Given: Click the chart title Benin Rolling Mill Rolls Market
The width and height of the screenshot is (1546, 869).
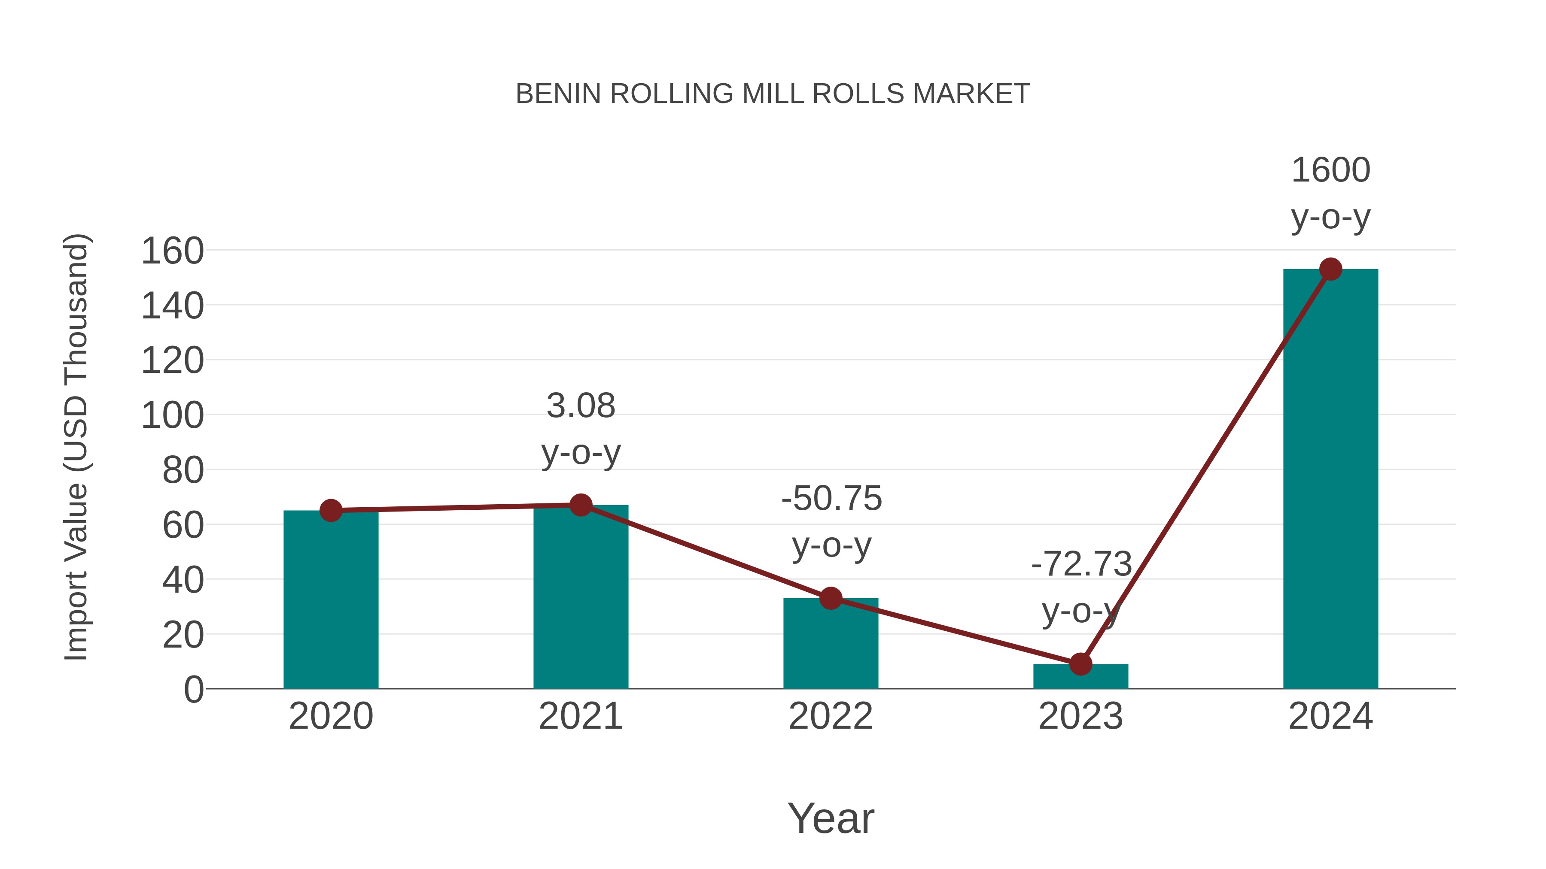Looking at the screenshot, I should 773,94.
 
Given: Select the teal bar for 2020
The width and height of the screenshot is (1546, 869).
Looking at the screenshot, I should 331,600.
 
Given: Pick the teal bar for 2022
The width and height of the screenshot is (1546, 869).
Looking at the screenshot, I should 830,645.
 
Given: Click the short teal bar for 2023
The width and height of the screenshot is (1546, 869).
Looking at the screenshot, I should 1080,676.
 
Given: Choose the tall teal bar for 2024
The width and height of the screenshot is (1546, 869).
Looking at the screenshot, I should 1330,480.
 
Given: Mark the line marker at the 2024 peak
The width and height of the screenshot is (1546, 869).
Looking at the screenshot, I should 1330,269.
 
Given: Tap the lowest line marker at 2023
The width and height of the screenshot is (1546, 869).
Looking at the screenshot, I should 1080,664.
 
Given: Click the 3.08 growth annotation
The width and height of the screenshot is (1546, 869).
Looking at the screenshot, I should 580,406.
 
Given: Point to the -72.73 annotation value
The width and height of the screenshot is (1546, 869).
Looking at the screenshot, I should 1081,564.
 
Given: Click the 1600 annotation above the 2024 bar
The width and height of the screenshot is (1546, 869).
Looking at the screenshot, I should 1330,170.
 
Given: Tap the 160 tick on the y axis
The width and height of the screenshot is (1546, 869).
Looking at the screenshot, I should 172,251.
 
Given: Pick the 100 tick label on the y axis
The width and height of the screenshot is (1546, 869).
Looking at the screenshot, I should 172,415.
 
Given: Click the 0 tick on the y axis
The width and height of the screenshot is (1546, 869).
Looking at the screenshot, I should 193,690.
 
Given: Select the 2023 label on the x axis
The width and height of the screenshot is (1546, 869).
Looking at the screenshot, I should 1080,716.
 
